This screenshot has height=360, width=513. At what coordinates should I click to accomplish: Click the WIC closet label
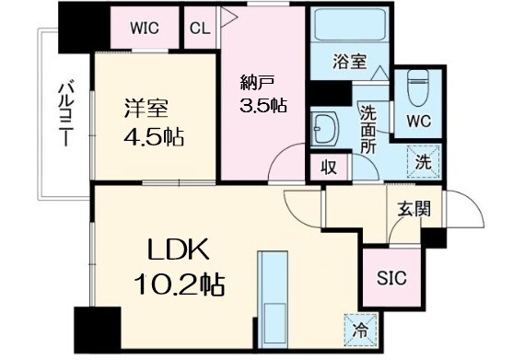click(x=144, y=28)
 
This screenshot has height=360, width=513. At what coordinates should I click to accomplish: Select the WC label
click(x=418, y=121)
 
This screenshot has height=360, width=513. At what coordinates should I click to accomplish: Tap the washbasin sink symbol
click(x=324, y=127)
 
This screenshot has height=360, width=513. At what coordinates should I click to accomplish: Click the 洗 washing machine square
click(x=422, y=159)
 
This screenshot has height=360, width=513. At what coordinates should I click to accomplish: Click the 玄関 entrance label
click(x=413, y=209)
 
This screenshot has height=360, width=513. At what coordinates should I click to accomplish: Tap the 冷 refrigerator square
click(x=358, y=326)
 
